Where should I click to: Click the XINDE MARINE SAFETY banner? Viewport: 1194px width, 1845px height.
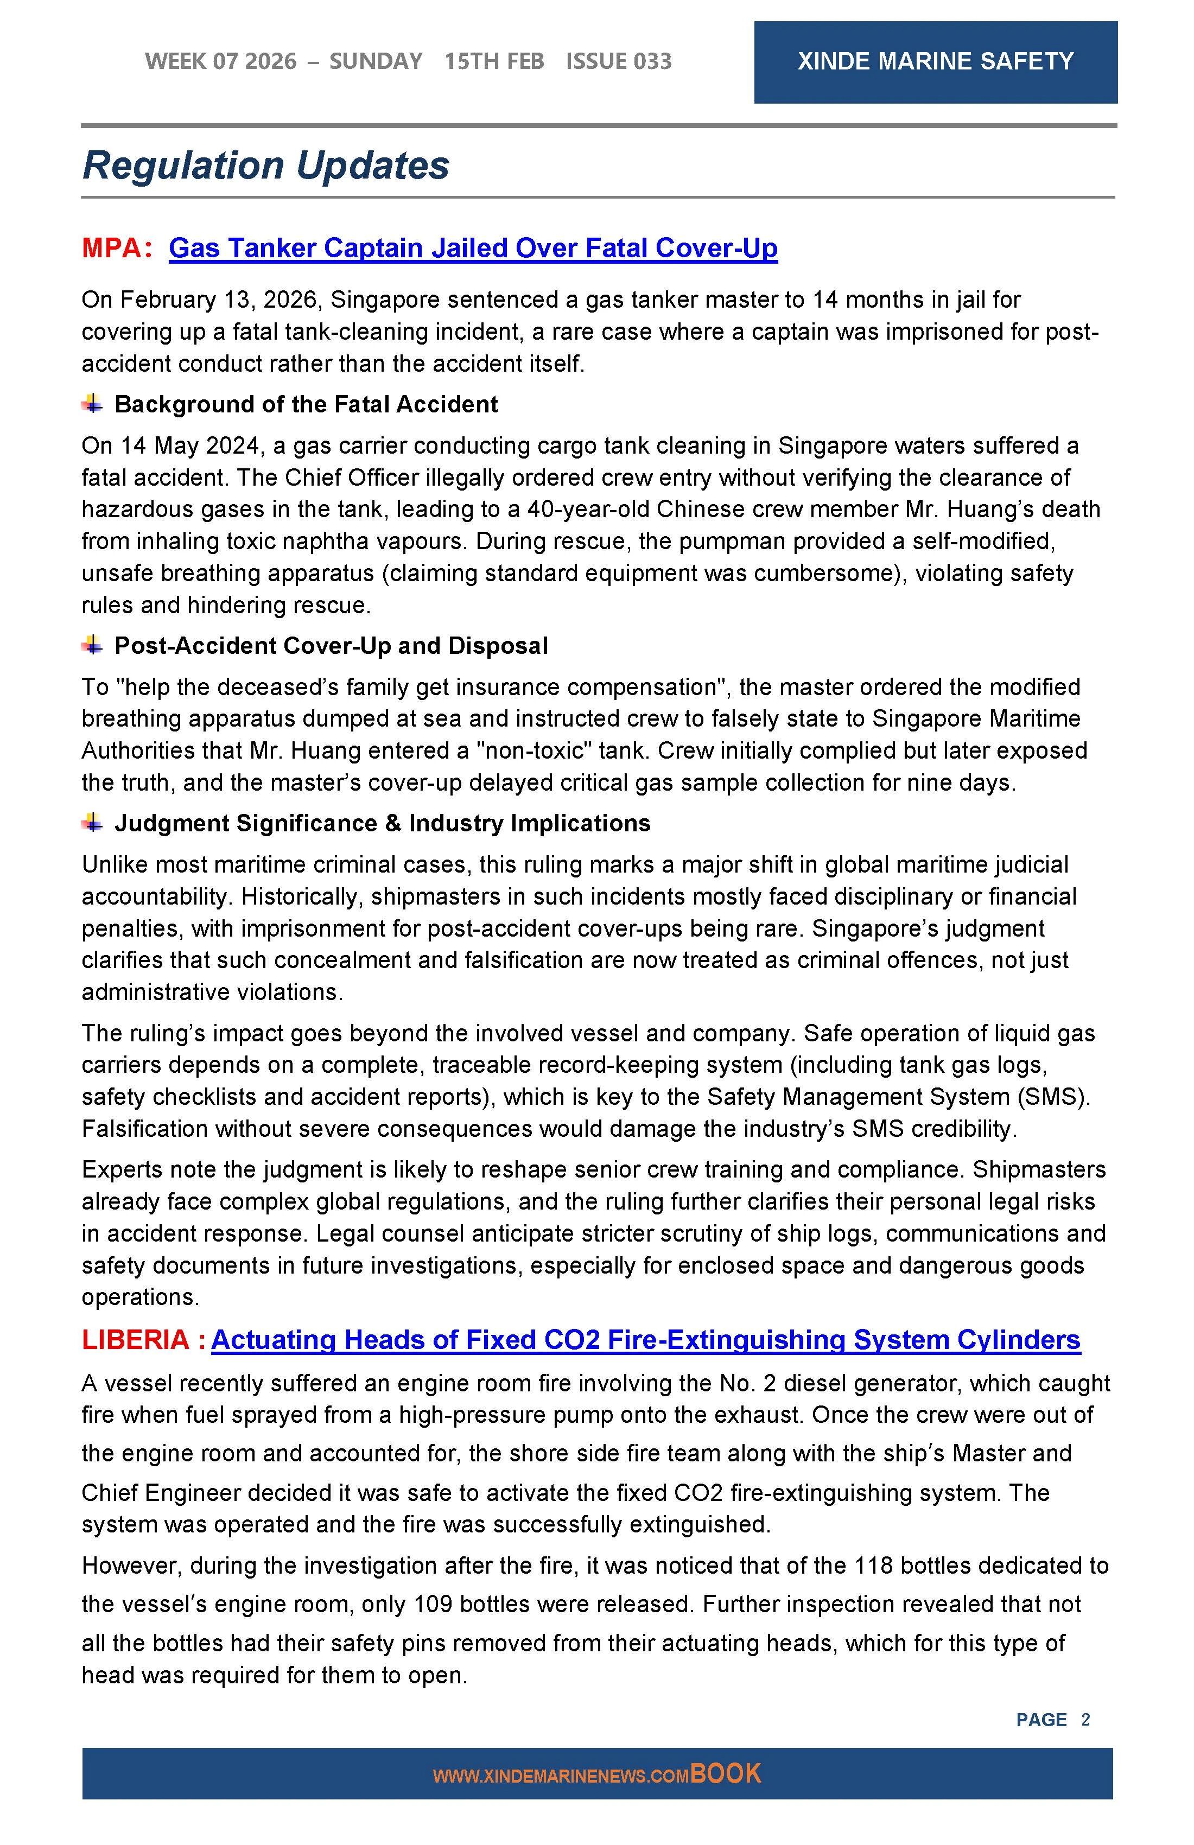935,62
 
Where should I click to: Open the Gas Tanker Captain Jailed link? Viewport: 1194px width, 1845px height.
473,248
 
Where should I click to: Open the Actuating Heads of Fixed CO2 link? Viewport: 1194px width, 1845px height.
645,1340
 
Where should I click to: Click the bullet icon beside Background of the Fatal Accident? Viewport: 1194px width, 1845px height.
93,404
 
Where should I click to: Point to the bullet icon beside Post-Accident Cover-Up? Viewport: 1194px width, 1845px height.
93,645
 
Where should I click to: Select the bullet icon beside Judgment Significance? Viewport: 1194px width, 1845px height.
93,823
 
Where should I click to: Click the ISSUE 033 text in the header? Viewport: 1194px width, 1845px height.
618,62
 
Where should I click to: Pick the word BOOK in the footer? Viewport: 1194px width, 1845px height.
726,1774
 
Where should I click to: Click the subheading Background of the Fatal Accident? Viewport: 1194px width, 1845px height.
306,404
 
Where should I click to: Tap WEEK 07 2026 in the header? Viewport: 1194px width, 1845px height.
220,62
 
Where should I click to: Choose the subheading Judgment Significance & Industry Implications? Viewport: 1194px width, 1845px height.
382,823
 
